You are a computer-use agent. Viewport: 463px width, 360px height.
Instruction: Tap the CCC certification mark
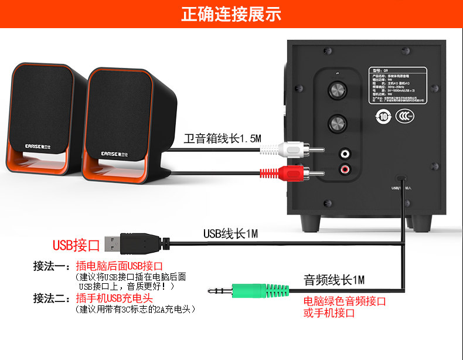pyautogui.click(x=404, y=116)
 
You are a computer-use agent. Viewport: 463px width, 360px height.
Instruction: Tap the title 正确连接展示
pyautogui.click(x=231, y=14)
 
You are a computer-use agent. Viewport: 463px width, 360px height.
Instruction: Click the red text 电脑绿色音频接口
pyautogui.click(x=345, y=301)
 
